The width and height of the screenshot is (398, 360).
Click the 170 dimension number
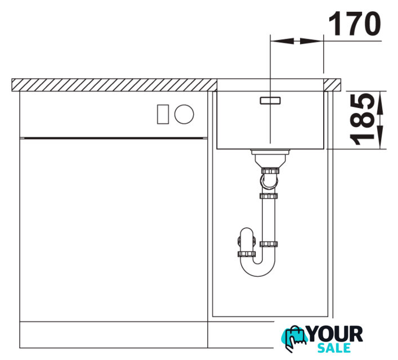(355, 23)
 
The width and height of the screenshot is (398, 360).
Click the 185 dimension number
(362, 119)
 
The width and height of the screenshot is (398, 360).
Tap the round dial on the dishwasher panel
(184, 114)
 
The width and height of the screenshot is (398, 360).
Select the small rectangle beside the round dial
(163, 114)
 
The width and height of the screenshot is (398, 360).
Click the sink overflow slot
(270, 101)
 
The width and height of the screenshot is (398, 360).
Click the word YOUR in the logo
(336, 334)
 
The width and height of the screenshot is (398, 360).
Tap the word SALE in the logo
(334, 348)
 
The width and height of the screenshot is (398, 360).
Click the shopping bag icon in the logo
(294, 339)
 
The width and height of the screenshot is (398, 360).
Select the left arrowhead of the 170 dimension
(282, 41)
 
